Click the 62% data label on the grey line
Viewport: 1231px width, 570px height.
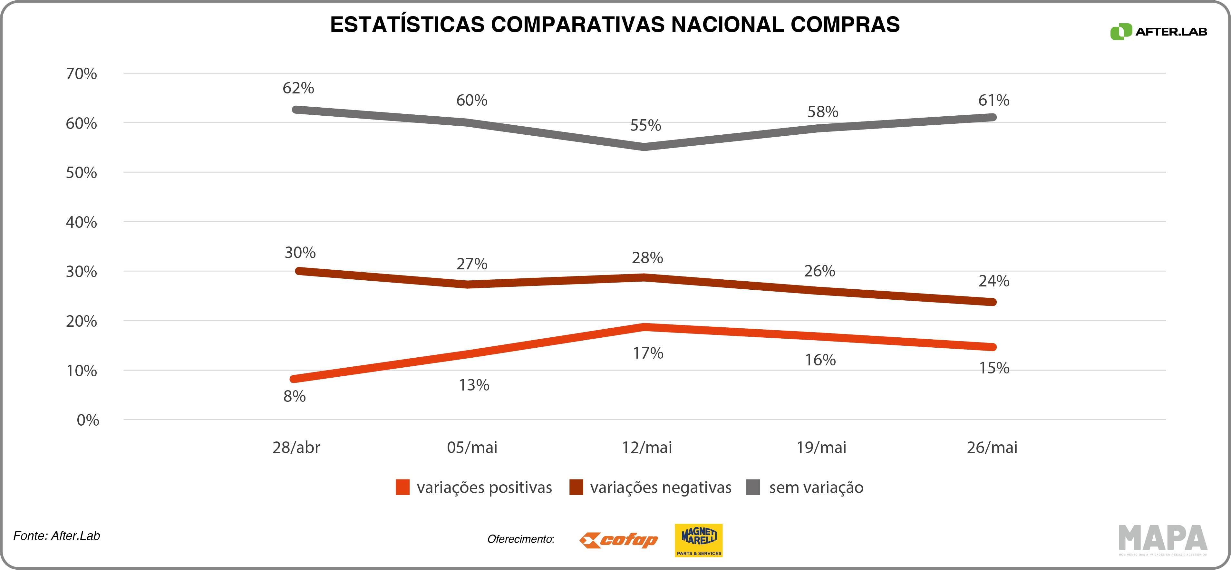[x=298, y=88]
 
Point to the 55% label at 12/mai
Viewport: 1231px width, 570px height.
[x=645, y=125]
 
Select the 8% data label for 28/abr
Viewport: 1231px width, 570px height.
[x=294, y=396]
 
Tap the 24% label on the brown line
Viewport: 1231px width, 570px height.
[x=994, y=281]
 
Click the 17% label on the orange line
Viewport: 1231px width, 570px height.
[x=648, y=353]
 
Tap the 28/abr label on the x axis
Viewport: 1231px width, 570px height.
[x=296, y=447]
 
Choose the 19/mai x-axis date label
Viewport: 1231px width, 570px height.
[x=821, y=447]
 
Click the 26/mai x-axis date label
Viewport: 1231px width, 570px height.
[x=992, y=447]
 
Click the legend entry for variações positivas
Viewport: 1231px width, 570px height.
[x=484, y=487]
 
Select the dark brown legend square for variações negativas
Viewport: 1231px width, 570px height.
[x=576, y=487]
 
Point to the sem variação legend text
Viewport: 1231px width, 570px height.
[x=816, y=487]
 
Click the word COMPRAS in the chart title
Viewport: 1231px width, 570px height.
[x=845, y=24]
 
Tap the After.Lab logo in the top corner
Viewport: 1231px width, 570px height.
[x=1159, y=32]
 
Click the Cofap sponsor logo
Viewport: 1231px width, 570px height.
[x=618, y=540]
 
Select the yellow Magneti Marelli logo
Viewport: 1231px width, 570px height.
[x=698, y=540]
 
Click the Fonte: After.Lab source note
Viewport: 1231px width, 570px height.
[x=56, y=536]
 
